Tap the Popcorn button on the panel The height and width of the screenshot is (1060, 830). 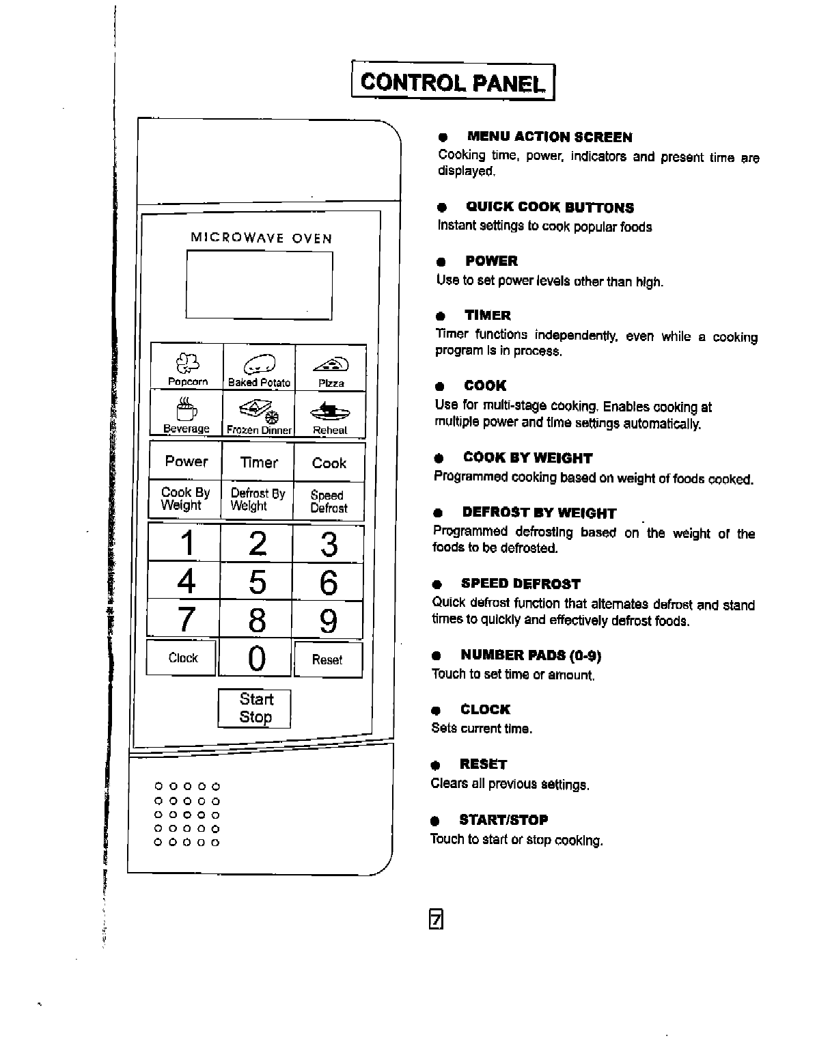coord(186,367)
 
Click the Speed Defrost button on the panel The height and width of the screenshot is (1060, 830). coord(329,502)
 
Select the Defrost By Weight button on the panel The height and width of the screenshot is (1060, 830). coord(258,500)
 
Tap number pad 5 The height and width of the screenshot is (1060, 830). coord(257,582)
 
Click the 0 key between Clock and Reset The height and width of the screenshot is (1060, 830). coord(256,659)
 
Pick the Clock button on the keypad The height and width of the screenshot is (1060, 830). coord(182,658)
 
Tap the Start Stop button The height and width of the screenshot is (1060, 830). coord(255,708)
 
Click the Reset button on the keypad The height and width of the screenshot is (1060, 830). coord(327,660)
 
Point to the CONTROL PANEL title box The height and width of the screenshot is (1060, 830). coord(454,82)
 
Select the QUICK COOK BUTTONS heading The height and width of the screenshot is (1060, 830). coord(549,208)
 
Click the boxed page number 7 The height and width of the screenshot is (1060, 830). coord(437,920)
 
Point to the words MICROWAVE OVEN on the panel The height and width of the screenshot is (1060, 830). coord(261,239)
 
